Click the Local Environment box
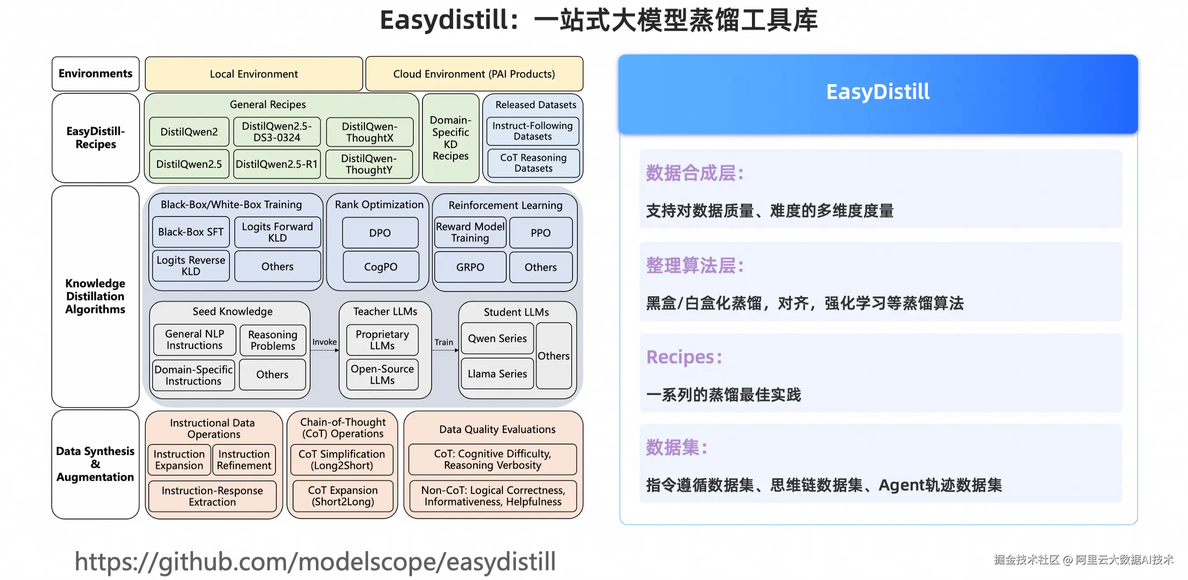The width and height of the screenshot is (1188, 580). pyautogui.click(x=254, y=74)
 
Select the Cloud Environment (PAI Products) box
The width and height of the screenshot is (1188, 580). pyautogui.click(x=474, y=74)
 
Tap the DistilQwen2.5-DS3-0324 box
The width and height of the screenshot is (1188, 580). pyautogui.click(x=277, y=132)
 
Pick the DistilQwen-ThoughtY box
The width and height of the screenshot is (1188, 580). pyautogui.click(x=369, y=164)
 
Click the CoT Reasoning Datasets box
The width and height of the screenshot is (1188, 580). pyautogui.click(x=533, y=163)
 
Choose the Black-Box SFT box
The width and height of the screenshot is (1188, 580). pyautogui.click(x=190, y=232)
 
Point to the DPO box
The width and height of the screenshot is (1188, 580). pyautogui.click(x=380, y=233)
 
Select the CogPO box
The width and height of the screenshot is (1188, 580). pyautogui.click(x=380, y=267)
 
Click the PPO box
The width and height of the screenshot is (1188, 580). pyautogui.click(x=540, y=233)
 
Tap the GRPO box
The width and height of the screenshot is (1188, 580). pyautogui.click(x=470, y=267)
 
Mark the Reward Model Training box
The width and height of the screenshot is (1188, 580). pyautogui.click(x=470, y=232)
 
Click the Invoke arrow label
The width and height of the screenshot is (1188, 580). pyautogui.click(x=324, y=342)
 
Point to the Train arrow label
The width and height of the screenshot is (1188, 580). pyautogui.click(x=444, y=342)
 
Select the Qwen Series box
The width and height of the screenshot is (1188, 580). pyautogui.click(x=497, y=338)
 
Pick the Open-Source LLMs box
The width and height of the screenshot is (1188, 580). pyautogui.click(x=382, y=374)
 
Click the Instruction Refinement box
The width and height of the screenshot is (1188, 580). pyautogui.click(x=244, y=460)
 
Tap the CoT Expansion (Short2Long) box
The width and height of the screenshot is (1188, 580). pyautogui.click(x=343, y=496)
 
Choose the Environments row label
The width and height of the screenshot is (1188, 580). pyautogui.click(x=96, y=74)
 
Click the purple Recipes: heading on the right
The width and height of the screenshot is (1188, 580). pyautogui.click(x=683, y=357)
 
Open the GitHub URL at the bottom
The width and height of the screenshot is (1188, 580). pyautogui.click(x=315, y=562)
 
